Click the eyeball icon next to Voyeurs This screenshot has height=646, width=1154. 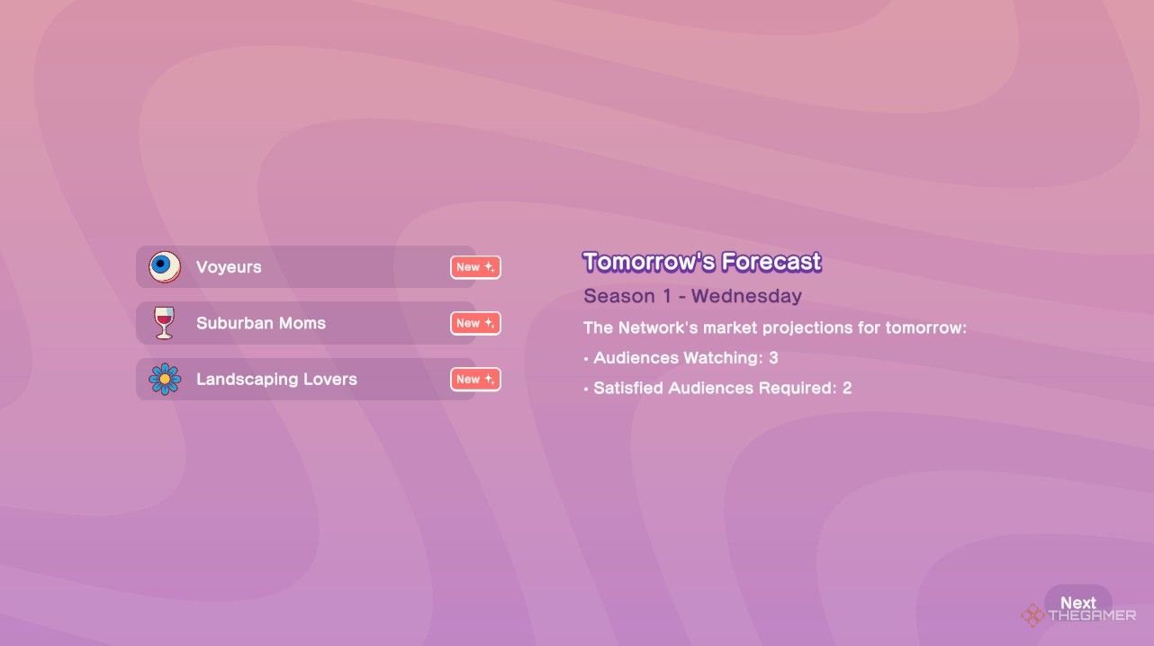pyautogui.click(x=165, y=266)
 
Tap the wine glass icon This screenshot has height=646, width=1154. pyautogui.click(x=165, y=323)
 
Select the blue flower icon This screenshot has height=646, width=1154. pyautogui.click(x=165, y=379)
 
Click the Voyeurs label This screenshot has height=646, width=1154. pyautogui.click(x=229, y=267)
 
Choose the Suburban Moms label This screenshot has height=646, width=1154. pyautogui.click(x=261, y=323)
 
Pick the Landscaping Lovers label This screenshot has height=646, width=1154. pyautogui.click(x=276, y=380)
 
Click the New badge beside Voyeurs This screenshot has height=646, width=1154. pyautogui.click(x=475, y=267)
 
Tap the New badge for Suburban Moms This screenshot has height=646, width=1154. pyautogui.click(x=475, y=323)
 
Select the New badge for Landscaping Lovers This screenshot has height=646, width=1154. pyautogui.click(x=475, y=380)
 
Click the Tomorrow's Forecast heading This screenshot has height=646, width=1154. pyautogui.click(x=702, y=262)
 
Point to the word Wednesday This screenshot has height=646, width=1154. pyautogui.click(x=746, y=296)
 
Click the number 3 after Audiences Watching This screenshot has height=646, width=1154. pyautogui.click(x=773, y=358)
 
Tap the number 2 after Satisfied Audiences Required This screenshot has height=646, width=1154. pyautogui.click(x=847, y=388)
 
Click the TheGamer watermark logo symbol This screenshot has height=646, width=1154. pyautogui.click(x=1033, y=615)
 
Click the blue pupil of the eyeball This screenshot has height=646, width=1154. pyautogui.click(x=161, y=264)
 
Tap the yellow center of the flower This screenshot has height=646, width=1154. pyautogui.click(x=165, y=379)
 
